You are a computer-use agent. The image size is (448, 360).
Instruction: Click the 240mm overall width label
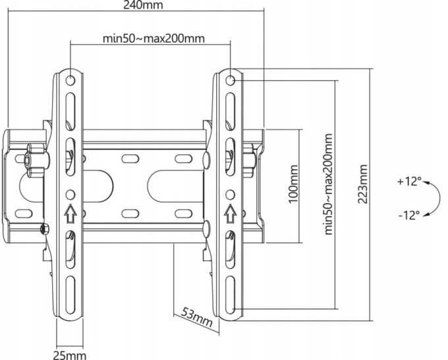point(143,5)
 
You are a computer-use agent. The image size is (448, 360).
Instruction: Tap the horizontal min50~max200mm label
point(154,38)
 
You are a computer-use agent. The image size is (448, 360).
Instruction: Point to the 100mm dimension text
point(293,184)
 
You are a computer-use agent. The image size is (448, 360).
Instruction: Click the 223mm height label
point(362,184)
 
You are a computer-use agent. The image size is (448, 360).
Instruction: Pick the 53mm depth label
point(198,317)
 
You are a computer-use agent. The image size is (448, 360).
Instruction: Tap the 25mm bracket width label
point(70,355)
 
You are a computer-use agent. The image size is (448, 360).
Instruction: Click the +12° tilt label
point(409,182)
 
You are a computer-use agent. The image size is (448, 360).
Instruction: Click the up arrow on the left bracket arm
point(70,213)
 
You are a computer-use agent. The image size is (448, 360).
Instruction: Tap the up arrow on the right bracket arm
point(230,213)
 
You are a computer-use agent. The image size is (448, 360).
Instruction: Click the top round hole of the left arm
point(70,80)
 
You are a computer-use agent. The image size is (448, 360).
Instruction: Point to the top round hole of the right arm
point(230,80)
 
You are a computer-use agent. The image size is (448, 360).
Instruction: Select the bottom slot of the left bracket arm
point(70,295)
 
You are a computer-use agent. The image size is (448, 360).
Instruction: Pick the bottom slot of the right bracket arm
point(230,295)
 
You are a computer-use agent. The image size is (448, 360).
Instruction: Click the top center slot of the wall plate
point(130,159)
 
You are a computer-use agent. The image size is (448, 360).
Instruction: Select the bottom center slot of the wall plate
point(130,213)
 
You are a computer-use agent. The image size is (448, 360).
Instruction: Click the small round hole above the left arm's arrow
point(70,195)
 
